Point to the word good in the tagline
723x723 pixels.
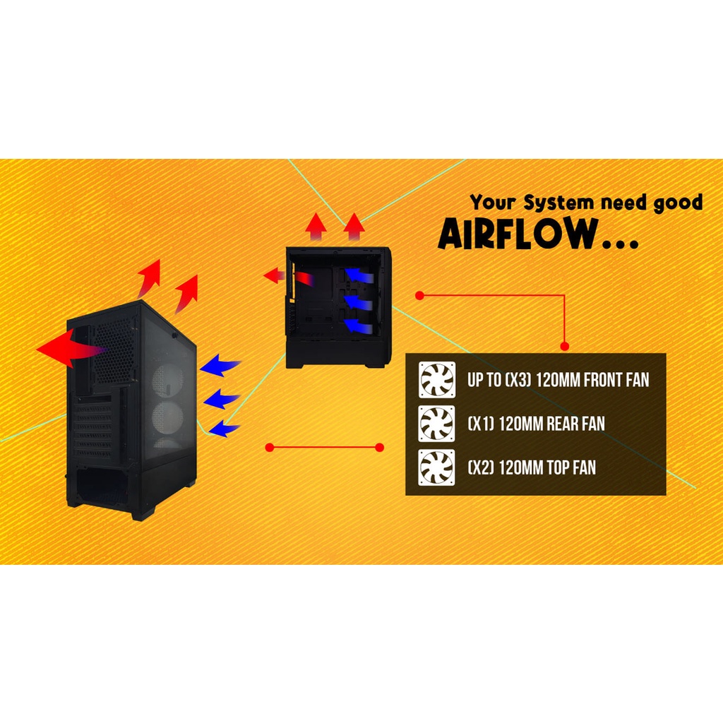pyautogui.click(x=677, y=203)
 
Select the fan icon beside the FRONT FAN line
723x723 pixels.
pyautogui.click(x=436, y=380)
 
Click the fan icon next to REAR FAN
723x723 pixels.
pyautogui.click(x=436, y=424)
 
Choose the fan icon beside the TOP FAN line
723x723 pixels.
pyautogui.click(x=436, y=467)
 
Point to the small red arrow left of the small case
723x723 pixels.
pyautogui.click(x=272, y=275)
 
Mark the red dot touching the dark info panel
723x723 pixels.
pyautogui.click(x=564, y=346)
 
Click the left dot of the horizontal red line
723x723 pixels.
pyautogui.click(x=268, y=447)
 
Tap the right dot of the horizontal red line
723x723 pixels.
pyautogui.click(x=380, y=447)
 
